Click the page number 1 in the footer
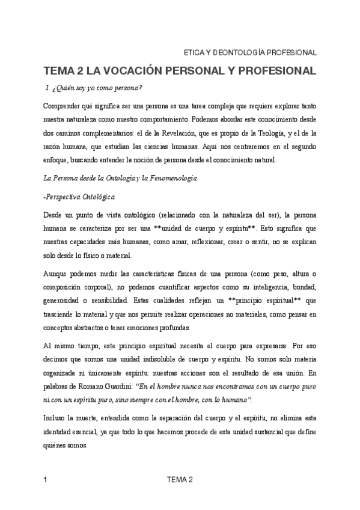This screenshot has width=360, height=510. pos(46,479)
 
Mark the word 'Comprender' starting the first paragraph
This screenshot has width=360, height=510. pos(62,106)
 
